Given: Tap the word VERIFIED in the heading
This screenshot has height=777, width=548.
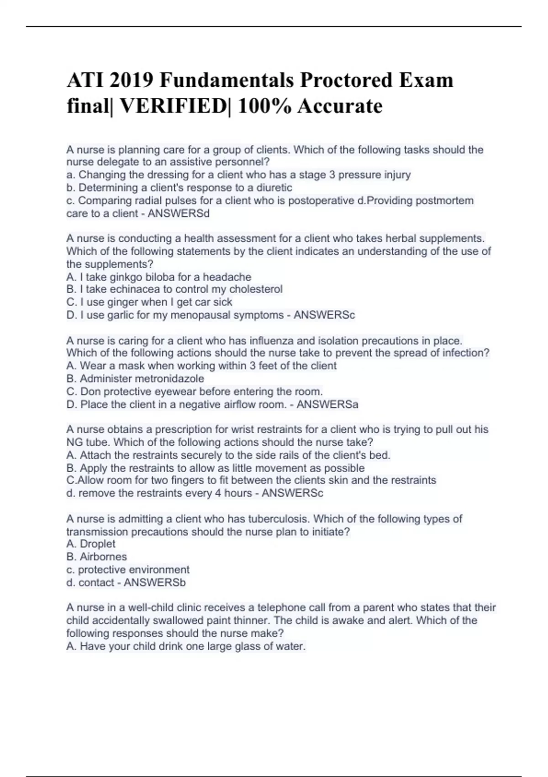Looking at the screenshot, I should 173,106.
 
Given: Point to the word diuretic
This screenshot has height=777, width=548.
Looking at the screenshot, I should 274,188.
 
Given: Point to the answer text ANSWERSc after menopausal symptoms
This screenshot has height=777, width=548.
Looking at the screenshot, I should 324,315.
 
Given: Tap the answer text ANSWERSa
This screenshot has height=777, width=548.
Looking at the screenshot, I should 327,404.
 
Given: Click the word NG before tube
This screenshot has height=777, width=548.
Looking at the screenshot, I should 74,442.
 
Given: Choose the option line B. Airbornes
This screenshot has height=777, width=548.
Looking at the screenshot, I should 96,557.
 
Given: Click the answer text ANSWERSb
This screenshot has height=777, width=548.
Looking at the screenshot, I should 155,582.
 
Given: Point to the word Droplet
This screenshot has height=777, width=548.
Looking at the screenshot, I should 97,544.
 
